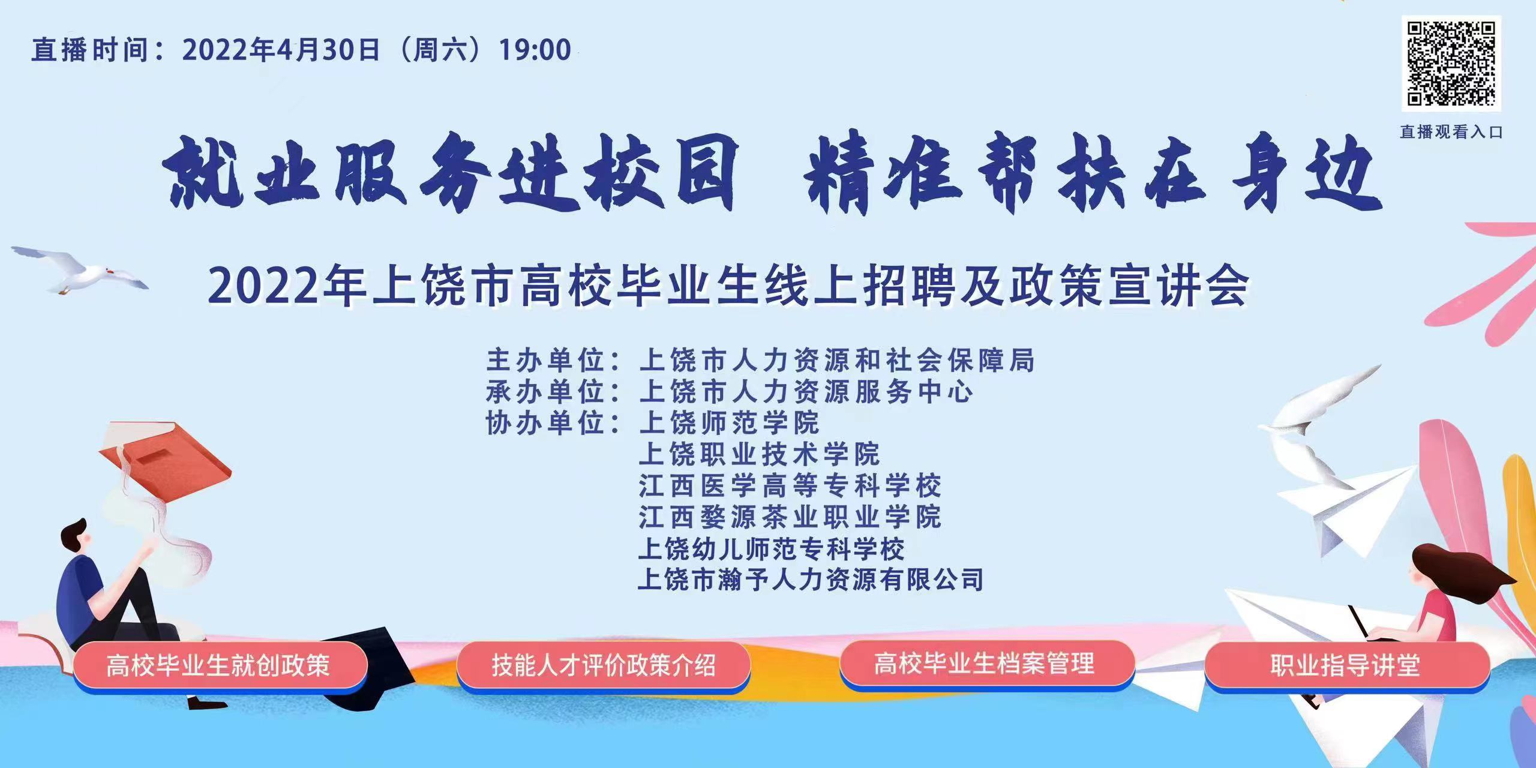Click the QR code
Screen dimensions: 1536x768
coord(1451,64)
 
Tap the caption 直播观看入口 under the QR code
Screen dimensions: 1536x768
coord(1451,132)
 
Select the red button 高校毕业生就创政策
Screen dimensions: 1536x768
coord(220,665)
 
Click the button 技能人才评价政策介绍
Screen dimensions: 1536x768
coord(603,665)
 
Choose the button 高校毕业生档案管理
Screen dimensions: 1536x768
coord(986,664)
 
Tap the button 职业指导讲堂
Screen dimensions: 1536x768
coord(1346,665)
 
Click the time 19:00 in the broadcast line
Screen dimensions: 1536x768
coord(535,50)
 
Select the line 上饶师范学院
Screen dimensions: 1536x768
coord(729,423)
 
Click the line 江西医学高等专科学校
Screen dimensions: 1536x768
coord(790,485)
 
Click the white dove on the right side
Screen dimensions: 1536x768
coord(1320,420)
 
